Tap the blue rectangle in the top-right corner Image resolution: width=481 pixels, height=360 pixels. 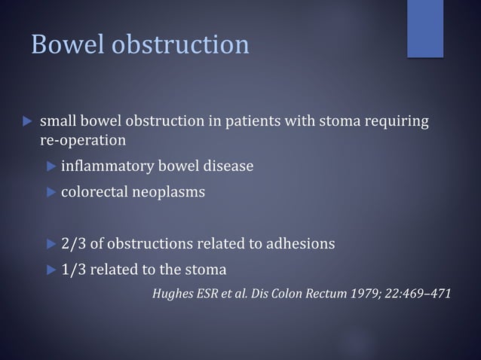pyautogui.click(x=425, y=28)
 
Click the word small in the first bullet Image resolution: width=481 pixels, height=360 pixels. pyautogui.click(x=57, y=121)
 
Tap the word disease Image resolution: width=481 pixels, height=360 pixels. pyautogui.click(x=228, y=166)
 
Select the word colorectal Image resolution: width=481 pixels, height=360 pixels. pyautogui.click(x=93, y=192)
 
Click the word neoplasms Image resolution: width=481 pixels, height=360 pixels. pyautogui.click(x=167, y=192)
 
